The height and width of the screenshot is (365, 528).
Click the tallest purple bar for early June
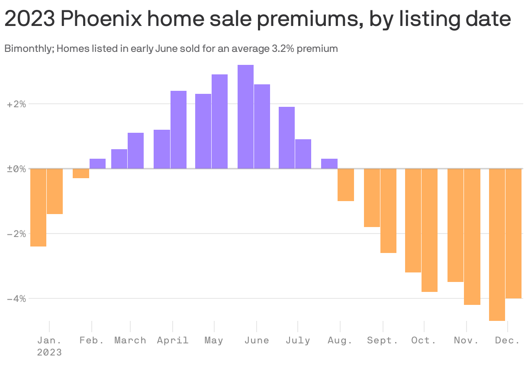pyautogui.click(x=245, y=117)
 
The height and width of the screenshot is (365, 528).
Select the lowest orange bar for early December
pyautogui.click(x=497, y=244)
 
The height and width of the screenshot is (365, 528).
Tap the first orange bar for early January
pyautogui.click(x=38, y=207)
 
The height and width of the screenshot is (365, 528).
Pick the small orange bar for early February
pyautogui.click(x=81, y=173)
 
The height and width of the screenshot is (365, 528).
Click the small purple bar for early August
pyautogui.click(x=329, y=163)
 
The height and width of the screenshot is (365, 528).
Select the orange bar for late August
pyautogui.click(x=346, y=185)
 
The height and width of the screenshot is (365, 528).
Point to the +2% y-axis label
pyautogui.click(x=16, y=104)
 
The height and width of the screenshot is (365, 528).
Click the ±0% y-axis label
pyautogui.click(x=16, y=169)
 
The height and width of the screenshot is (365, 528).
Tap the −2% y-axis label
pyautogui.click(x=16, y=234)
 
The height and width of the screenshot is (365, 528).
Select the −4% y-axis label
pyautogui.click(x=16, y=298)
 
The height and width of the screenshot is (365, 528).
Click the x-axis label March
pyautogui.click(x=130, y=340)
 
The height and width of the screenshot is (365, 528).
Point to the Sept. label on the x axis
pyautogui.click(x=383, y=340)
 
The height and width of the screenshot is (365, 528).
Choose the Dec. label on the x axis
pyautogui.click(x=507, y=340)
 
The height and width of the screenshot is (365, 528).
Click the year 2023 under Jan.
pyautogui.click(x=49, y=352)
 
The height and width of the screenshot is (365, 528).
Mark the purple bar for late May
pyautogui.click(x=219, y=122)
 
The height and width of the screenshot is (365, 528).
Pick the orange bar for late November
pyautogui.click(x=472, y=237)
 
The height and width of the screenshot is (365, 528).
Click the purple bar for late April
pyautogui.click(x=178, y=130)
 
